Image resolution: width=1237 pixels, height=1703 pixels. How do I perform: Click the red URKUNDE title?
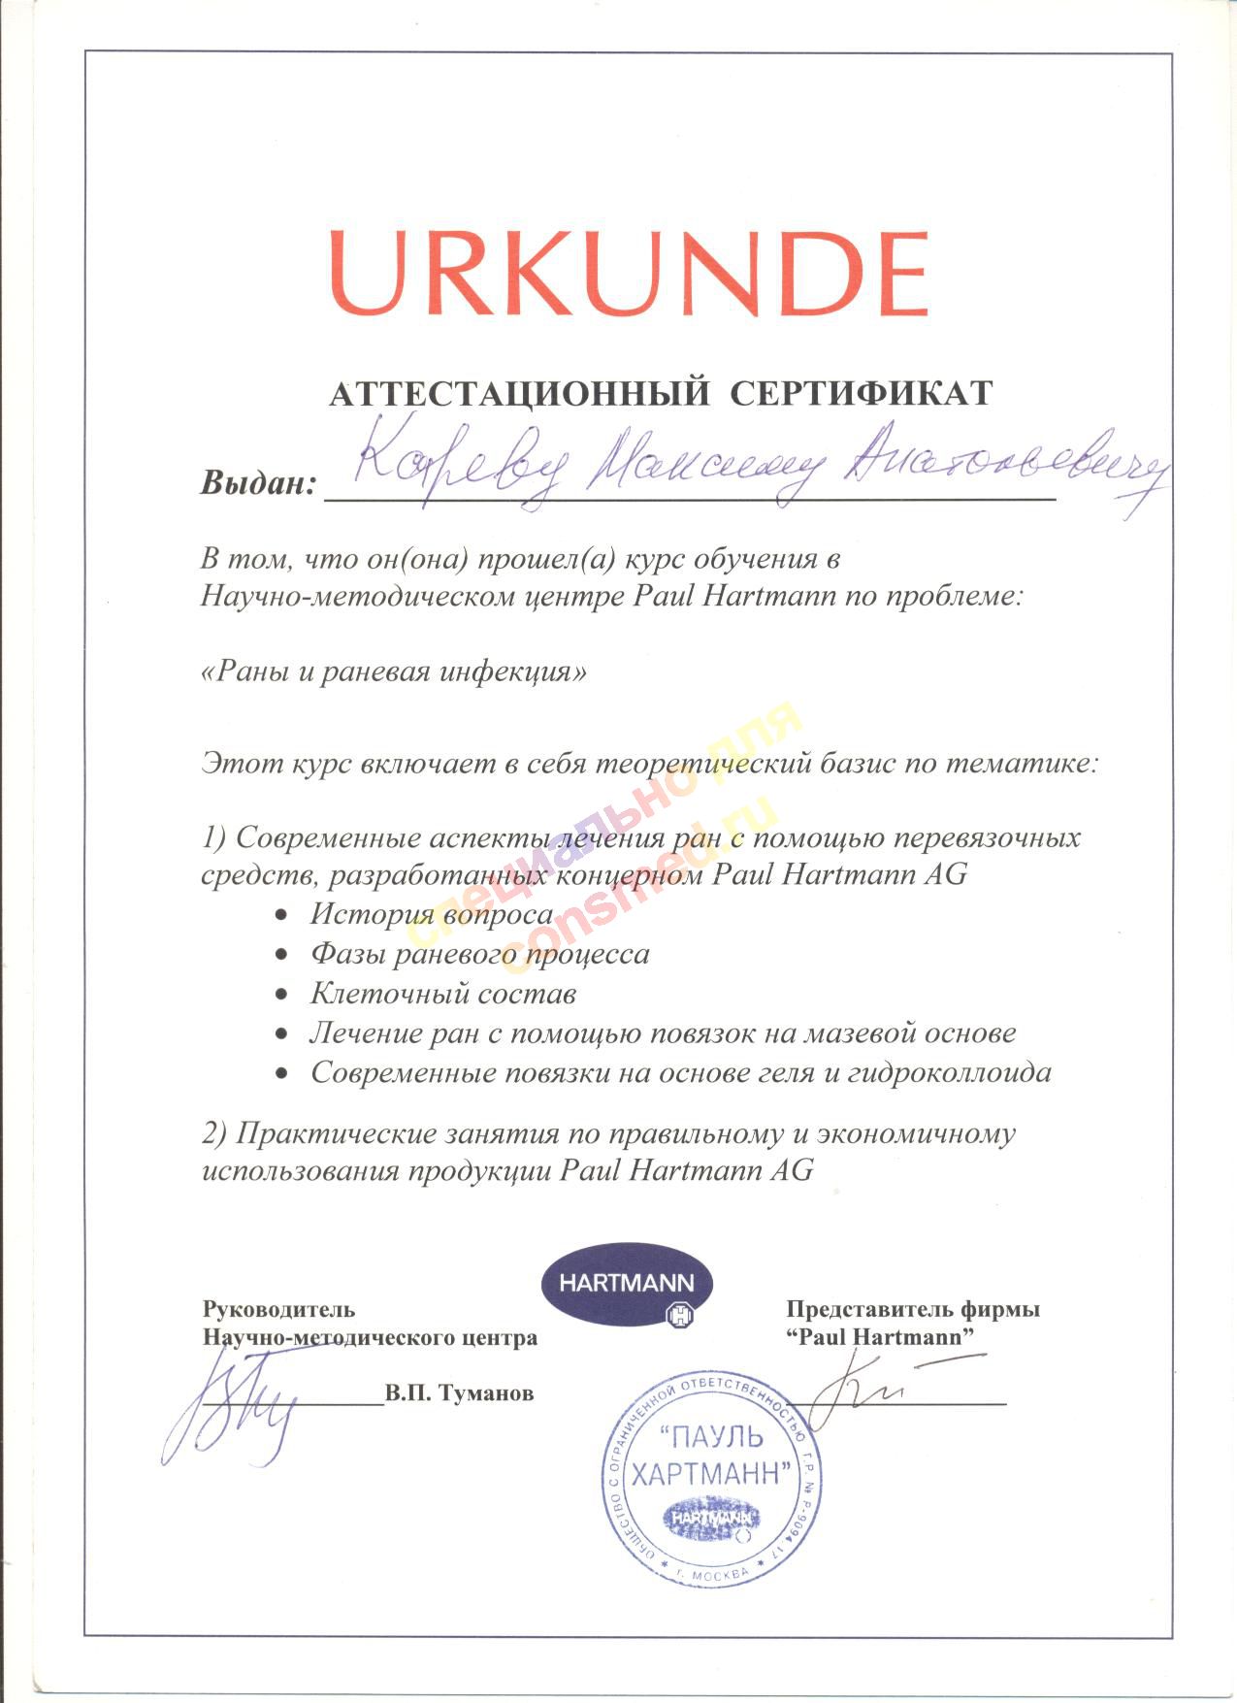click(628, 273)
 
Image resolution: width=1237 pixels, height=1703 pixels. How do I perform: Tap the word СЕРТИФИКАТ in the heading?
click(861, 394)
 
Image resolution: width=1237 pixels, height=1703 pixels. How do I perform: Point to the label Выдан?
click(259, 482)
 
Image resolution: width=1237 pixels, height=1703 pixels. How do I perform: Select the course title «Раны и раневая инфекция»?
click(394, 671)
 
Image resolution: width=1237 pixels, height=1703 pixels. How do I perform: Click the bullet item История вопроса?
click(431, 914)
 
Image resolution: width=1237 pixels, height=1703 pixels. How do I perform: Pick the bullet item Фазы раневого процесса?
click(479, 954)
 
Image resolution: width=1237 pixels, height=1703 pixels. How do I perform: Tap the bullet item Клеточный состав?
click(443, 994)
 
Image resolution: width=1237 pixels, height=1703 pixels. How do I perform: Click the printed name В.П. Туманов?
click(459, 1393)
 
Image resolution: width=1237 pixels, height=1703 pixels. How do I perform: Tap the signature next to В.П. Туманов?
click(233, 1407)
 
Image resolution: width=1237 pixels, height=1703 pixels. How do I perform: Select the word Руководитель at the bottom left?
click(278, 1309)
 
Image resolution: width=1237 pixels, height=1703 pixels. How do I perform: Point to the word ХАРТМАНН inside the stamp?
click(705, 1476)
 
